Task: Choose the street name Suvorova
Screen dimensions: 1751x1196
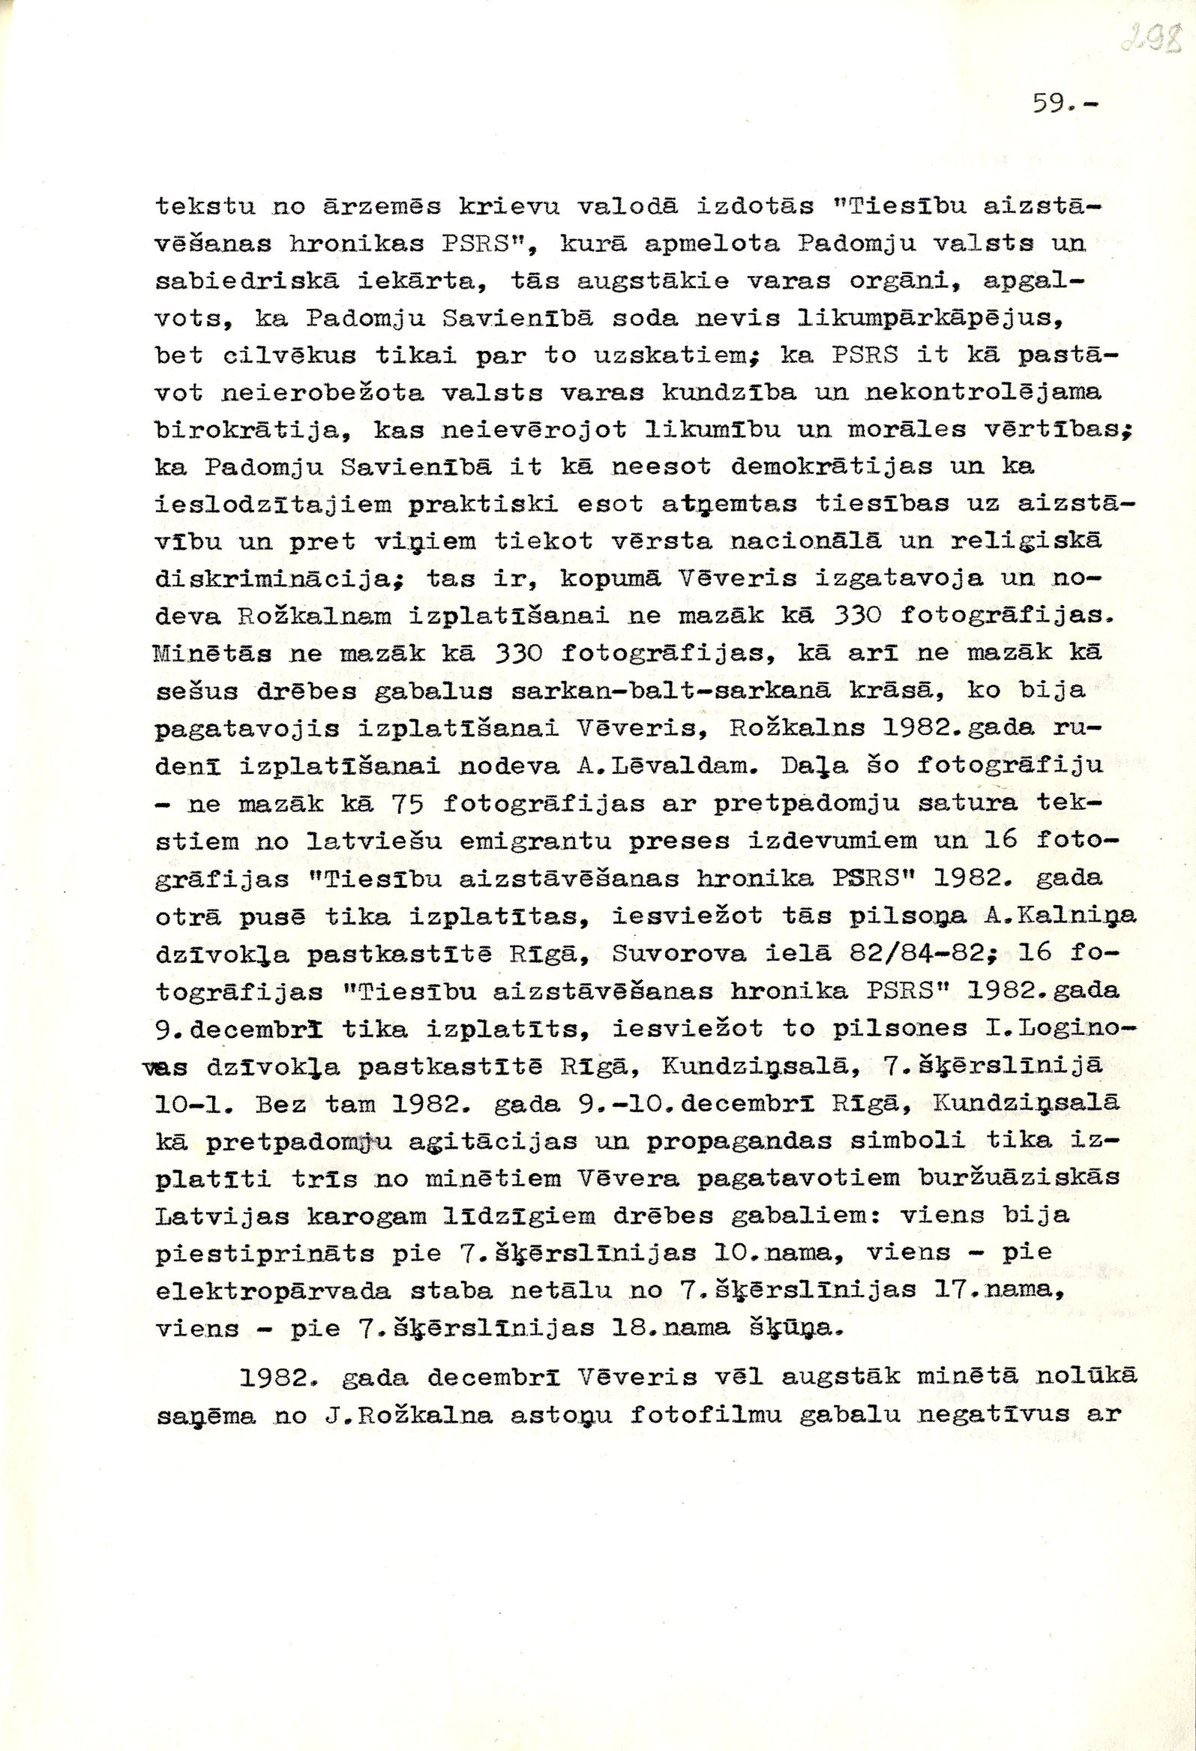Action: [x=679, y=953]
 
